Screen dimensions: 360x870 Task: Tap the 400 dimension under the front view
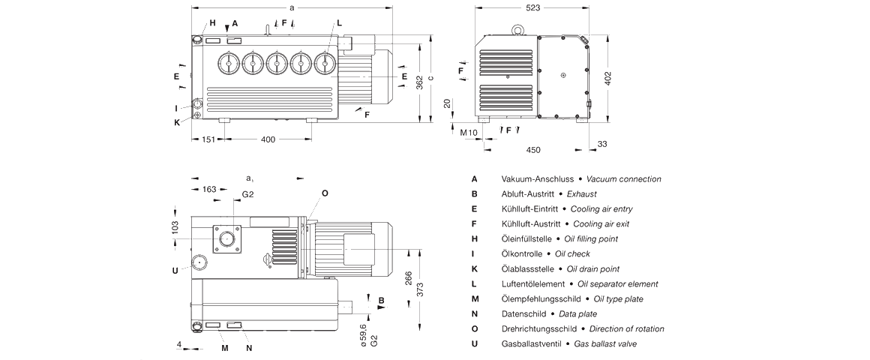(268, 139)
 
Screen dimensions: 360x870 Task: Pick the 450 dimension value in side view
(532, 150)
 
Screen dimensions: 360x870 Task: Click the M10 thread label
(469, 133)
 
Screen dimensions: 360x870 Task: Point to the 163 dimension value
(210, 189)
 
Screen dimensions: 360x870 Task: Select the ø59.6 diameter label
(364, 330)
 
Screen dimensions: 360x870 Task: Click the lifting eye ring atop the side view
(517, 29)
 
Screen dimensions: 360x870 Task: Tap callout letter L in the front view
(339, 23)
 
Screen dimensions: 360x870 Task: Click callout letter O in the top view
(325, 193)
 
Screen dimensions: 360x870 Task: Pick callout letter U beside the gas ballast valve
(175, 271)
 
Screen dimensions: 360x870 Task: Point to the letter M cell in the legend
(475, 298)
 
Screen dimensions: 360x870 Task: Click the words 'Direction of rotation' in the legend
(626, 328)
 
